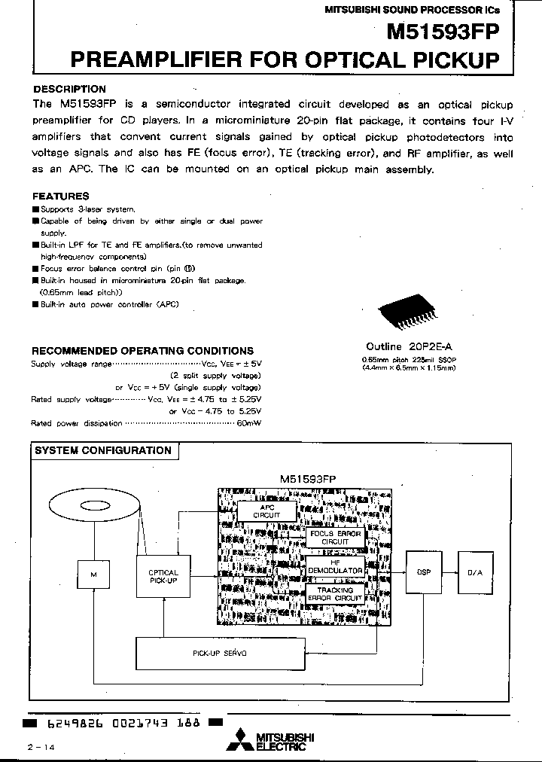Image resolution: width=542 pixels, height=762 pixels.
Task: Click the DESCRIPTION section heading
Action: tap(70, 89)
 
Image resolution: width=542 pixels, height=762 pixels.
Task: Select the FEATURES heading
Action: tap(61, 196)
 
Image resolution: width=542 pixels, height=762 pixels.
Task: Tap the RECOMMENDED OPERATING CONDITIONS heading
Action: tap(142, 351)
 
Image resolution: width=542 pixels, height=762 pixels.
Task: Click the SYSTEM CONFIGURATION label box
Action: tap(103, 450)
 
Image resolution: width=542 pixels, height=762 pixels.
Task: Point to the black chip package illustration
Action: tap(404, 315)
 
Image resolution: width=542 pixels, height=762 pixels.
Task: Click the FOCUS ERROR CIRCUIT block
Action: tap(335, 538)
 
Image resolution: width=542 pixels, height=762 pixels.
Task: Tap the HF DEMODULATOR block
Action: tap(335, 566)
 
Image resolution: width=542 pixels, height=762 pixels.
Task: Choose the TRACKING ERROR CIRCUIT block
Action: tap(335, 594)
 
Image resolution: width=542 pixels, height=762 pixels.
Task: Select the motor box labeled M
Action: tap(94, 575)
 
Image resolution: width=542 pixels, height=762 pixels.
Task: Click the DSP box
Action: tap(423, 572)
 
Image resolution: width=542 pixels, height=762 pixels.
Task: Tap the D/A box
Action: tap(475, 572)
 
